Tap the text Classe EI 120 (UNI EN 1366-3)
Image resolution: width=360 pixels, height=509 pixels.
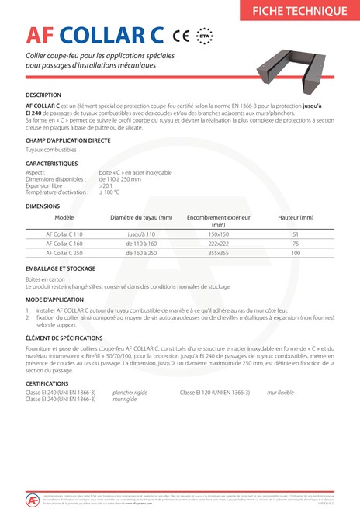215,393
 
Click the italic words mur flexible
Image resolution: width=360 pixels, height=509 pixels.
280,393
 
